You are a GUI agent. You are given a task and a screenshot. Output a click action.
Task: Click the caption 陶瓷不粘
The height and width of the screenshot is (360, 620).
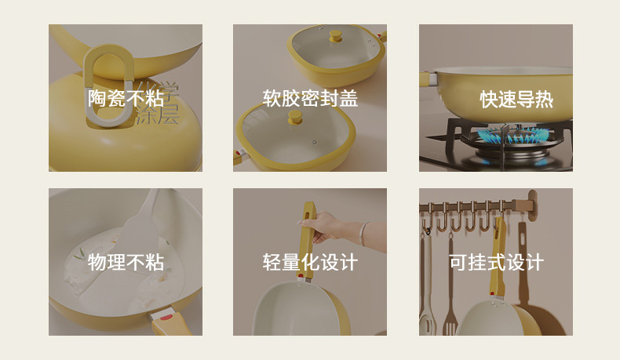[126, 98]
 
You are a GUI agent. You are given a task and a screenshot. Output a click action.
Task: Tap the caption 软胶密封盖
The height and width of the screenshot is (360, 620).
[310, 98]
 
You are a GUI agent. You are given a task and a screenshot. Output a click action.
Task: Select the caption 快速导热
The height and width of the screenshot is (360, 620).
[516, 99]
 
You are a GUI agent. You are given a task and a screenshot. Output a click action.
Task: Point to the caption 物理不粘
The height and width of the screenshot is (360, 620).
[126, 262]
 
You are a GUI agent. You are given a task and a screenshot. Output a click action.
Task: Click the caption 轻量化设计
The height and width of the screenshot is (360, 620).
[310, 262]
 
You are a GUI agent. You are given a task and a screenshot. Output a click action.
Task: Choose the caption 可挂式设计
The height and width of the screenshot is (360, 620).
[496, 262]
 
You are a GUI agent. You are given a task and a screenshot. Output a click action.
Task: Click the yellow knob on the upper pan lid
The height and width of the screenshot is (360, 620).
[336, 36]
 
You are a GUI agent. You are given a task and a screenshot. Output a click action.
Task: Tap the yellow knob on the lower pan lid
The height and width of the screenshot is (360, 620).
[295, 117]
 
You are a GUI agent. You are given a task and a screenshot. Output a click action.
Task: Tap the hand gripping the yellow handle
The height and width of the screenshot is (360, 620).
[323, 227]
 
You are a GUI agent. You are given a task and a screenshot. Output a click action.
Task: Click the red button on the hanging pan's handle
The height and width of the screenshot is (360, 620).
[492, 293]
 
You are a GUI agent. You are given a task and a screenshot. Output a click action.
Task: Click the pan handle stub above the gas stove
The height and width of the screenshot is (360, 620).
[429, 78]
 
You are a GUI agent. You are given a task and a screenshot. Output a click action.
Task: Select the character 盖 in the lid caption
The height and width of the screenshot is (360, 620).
[348, 98]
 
